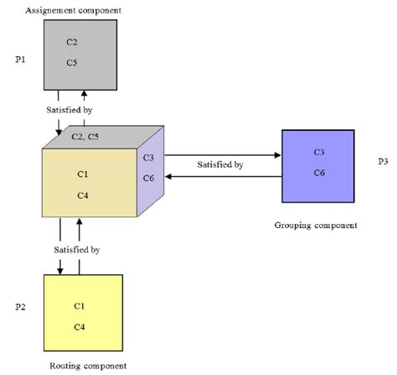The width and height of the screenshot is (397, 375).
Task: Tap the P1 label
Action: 22,60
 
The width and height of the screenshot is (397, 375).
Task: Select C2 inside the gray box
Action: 72,41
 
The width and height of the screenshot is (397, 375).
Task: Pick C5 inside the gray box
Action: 72,61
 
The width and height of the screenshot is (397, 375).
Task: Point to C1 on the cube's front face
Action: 83,174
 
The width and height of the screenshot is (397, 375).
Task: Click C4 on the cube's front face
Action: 83,195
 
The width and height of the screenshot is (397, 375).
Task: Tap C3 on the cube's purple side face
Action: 148,157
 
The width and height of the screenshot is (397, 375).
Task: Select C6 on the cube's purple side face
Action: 148,178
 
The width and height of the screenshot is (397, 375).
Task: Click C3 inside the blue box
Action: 319,152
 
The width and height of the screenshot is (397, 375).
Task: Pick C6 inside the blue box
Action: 319,172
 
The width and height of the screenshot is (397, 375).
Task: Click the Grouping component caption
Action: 316,225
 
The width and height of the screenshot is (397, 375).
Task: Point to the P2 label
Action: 22,308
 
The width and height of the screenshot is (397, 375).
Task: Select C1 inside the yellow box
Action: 80,306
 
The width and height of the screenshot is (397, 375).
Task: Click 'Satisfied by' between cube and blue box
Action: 220,165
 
